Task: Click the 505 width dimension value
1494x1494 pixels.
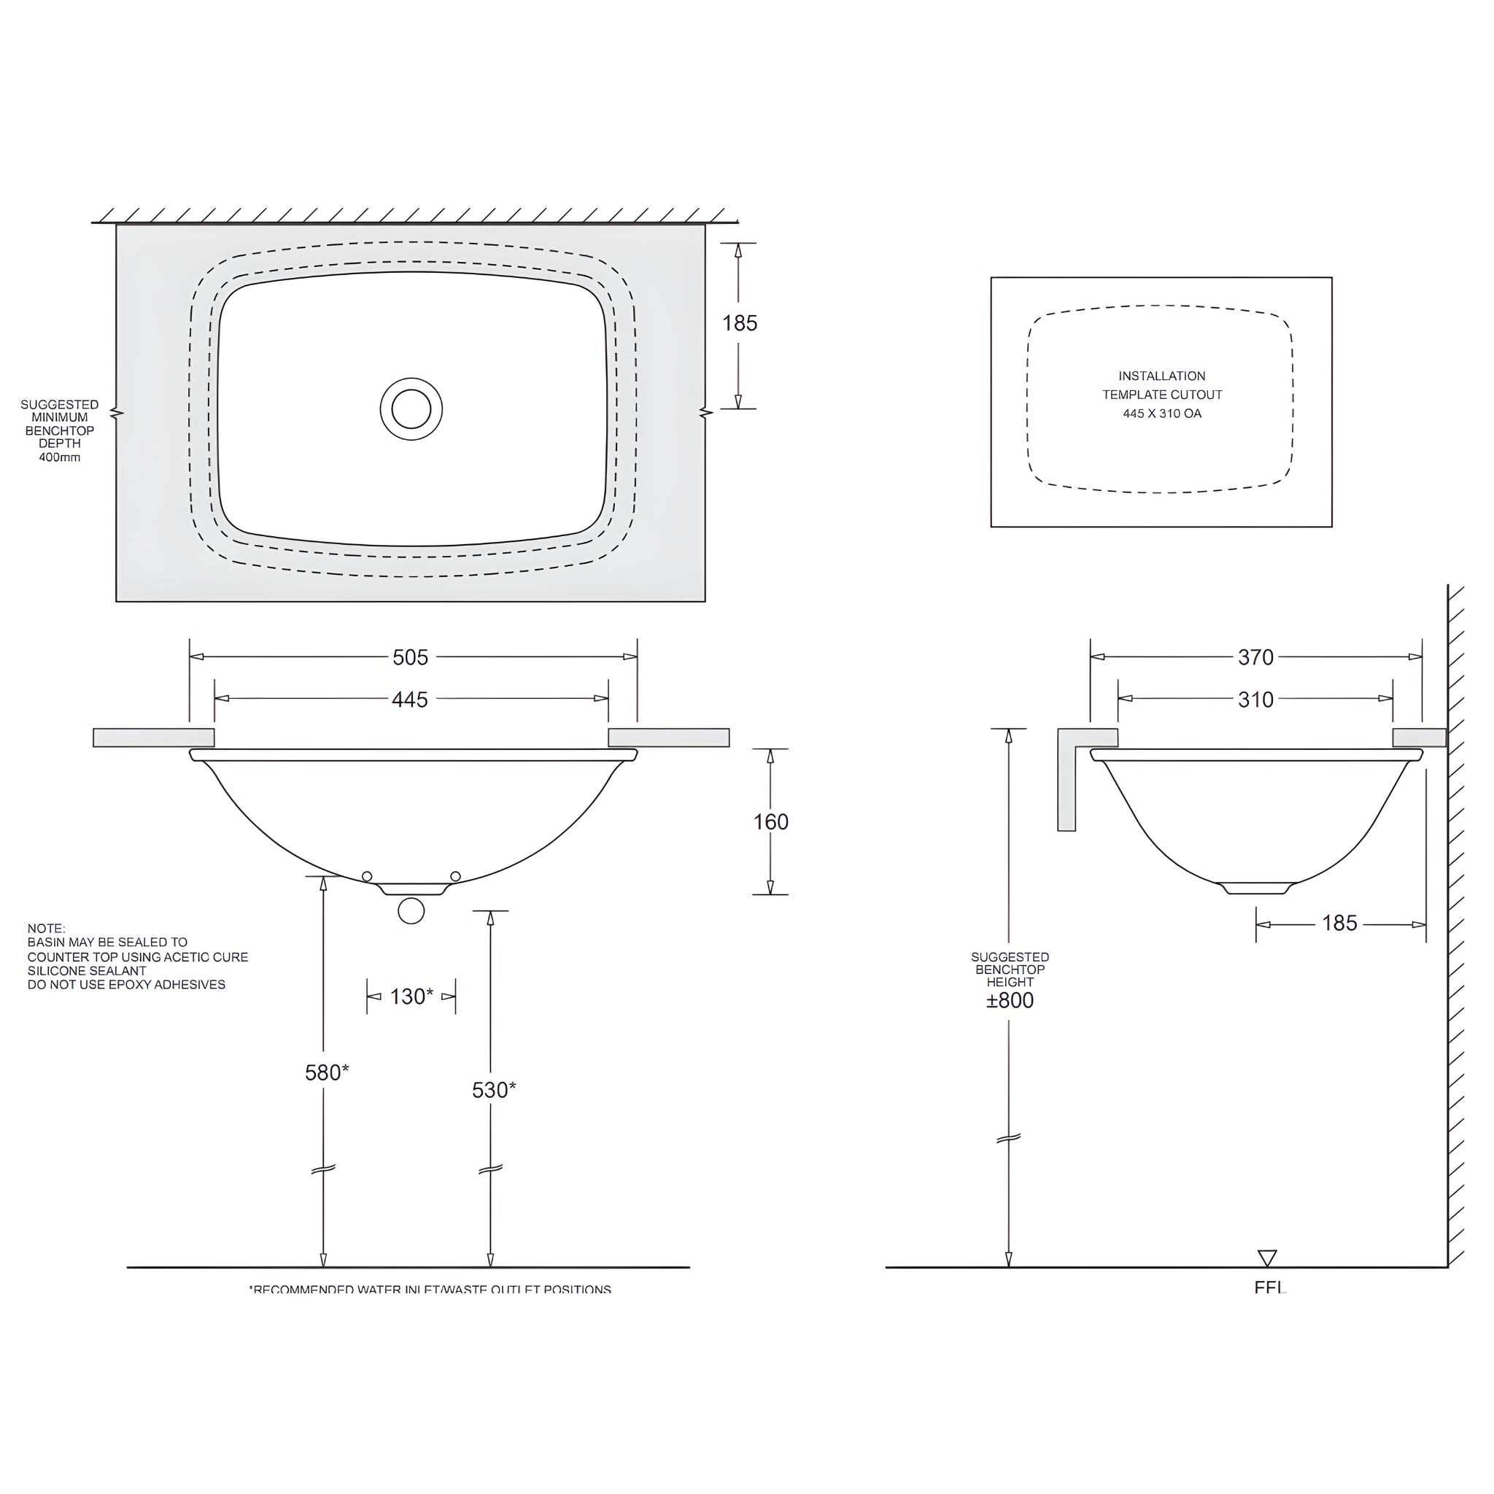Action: coord(410,657)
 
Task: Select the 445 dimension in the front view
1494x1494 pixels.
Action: coord(410,700)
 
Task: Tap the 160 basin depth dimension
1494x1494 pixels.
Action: coord(771,822)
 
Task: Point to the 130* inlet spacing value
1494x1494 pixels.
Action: coord(411,996)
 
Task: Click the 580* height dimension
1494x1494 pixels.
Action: coord(326,1072)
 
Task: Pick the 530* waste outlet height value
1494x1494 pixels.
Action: coord(493,1091)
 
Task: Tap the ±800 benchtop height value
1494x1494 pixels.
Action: coord(1010,1001)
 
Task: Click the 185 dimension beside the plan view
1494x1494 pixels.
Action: coord(739,323)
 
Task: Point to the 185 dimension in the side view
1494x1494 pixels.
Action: coord(1339,924)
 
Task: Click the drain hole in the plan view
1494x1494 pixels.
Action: coord(411,409)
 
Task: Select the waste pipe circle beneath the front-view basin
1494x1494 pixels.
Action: coord(411,911)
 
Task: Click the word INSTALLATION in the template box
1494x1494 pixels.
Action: coord(1161,376)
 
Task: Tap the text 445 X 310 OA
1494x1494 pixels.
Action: coord(1161,414)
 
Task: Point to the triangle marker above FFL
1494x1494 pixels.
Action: coord(1266,1258)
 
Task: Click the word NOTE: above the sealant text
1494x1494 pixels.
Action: coord(47,929)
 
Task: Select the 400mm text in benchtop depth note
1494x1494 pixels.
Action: coord(60,457)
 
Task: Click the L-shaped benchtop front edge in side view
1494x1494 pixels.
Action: coord(1068,781)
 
